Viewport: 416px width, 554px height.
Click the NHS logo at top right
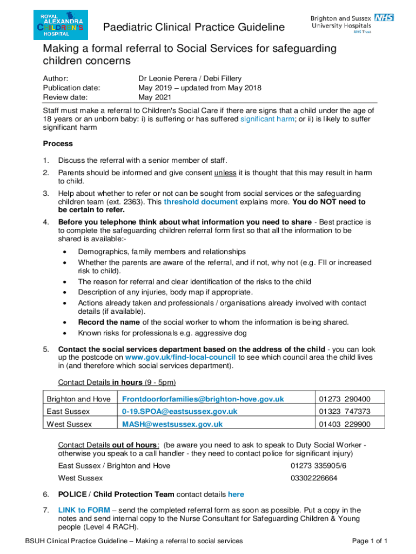coord(385,18)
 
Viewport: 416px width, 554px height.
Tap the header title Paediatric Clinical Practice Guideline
coord(193,28)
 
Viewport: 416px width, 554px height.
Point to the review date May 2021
coord(155,97)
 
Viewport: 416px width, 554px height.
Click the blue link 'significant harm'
coord(267,118)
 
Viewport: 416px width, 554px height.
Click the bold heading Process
coord(58,144)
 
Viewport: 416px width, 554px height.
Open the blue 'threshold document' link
coord(200,202)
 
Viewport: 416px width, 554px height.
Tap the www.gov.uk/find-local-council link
coord(180,357)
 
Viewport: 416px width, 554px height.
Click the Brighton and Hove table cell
coord(78,399)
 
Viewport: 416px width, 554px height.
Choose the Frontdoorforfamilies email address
coord(203,399)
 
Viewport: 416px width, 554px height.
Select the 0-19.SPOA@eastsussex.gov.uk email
coord(179,411)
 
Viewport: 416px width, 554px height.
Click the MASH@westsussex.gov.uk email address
coord(172,424)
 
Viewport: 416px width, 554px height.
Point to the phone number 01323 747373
coord(344,411)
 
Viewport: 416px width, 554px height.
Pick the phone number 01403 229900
coord(344,424)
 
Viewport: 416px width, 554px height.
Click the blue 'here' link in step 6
coord(236,494)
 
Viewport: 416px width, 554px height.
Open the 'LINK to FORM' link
coord(84,510)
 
